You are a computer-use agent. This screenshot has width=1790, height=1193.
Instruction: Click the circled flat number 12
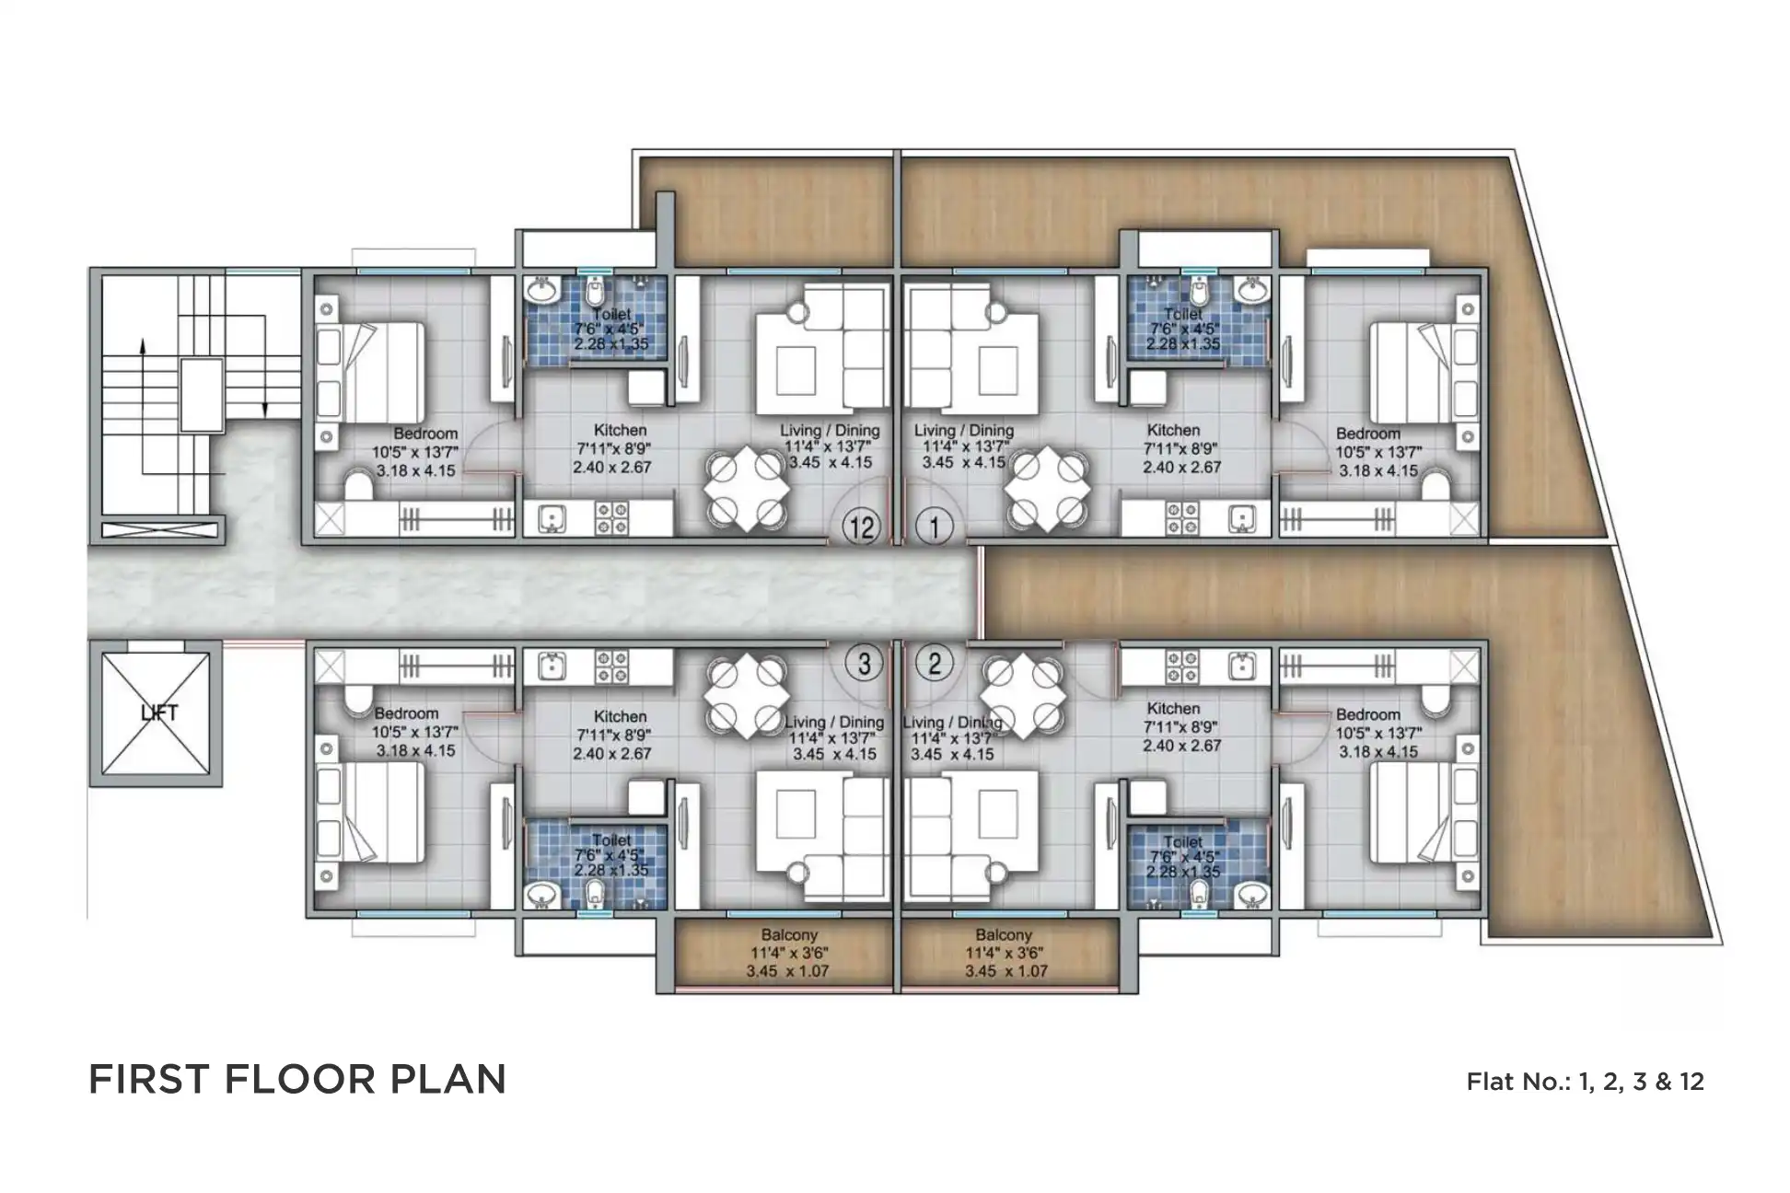862,527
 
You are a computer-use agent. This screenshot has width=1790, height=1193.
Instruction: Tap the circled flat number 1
935,527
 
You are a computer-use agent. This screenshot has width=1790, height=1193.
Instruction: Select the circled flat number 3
864,664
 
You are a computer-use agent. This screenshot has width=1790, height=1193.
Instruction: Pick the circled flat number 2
935,664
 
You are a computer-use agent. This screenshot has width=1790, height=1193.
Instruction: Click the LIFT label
158,712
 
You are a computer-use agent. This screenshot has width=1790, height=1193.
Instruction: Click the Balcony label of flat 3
789,935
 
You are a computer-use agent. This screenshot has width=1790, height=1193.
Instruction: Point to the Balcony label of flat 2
1005,935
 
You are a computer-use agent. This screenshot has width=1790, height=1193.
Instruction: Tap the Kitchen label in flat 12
620,430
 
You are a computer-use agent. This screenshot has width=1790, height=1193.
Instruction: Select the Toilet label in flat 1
1182,315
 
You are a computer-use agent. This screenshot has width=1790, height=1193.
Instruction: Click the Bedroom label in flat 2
1367,714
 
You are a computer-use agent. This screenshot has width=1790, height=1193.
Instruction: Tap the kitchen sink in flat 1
1241,520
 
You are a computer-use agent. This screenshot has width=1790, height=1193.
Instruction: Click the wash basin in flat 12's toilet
541,292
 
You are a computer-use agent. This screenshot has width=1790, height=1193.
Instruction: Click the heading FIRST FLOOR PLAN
296,1079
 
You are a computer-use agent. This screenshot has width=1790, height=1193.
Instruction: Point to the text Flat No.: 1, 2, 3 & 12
1584,1081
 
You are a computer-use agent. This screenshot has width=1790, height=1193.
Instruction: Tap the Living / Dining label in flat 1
963,430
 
